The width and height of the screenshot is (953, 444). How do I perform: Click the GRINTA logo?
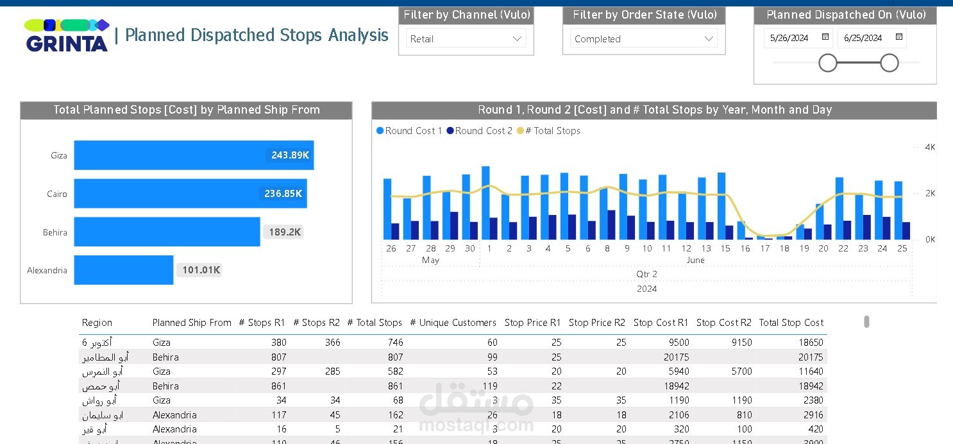67,36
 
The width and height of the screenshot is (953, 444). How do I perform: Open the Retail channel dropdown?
466,38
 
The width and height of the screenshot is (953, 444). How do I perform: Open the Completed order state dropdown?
644,38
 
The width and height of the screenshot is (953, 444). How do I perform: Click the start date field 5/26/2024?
789,38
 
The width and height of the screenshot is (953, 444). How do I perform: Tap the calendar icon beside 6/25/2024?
899,37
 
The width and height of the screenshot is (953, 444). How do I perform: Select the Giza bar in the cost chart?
194,155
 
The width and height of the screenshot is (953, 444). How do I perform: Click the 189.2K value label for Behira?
285,232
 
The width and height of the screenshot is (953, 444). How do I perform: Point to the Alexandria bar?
124,270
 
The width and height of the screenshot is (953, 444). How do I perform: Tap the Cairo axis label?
57,194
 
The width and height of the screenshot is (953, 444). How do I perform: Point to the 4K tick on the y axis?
930,147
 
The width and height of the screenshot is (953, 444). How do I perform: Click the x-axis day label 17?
764,248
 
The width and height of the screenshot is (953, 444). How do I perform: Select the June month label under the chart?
695,260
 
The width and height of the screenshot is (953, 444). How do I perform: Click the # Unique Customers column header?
453,323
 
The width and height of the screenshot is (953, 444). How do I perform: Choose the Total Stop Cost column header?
791,323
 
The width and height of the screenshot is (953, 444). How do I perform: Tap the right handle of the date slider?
890,63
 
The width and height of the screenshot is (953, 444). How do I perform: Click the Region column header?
97,323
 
